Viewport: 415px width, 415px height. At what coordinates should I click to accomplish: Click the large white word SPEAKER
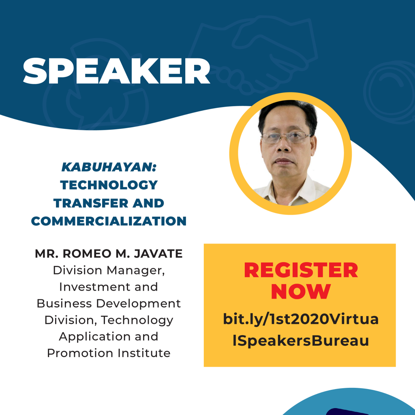[116, 71]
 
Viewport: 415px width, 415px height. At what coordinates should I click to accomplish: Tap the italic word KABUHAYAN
[109, 167]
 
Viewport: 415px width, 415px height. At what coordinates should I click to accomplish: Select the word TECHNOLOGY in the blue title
[109, 185]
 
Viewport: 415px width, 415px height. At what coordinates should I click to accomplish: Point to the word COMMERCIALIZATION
[109, 221]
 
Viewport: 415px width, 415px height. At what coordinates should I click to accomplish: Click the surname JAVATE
[158, 254]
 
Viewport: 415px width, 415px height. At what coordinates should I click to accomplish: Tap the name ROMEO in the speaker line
[87, 254]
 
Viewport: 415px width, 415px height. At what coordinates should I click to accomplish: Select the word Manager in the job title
[136, 271]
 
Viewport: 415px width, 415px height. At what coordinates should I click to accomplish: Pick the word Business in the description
[64, 304]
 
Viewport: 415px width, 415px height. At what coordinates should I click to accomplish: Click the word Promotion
[80, 353]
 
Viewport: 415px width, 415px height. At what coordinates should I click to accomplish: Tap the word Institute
[144, 353]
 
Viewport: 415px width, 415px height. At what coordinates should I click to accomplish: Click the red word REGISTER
[301, 270]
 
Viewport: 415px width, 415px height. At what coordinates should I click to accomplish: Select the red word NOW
[301, 291]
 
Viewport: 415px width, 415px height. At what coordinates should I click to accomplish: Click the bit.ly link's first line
[301, 319]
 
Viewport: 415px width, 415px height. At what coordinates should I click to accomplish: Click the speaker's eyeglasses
[286, 137]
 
